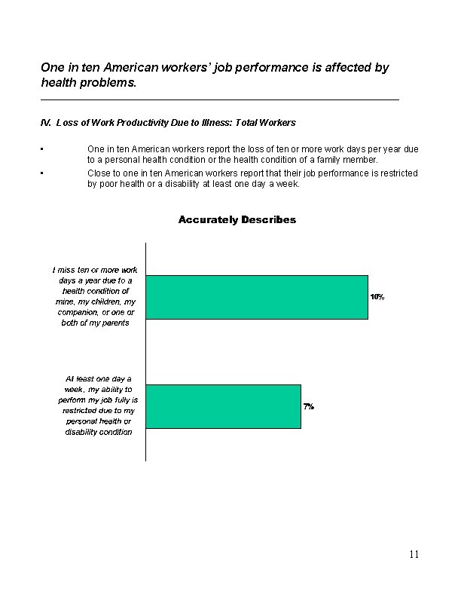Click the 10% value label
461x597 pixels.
377,297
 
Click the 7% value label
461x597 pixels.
309,406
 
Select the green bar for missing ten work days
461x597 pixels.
256,297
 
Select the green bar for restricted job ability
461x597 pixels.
223,406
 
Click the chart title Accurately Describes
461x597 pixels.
237,220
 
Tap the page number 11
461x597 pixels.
414,555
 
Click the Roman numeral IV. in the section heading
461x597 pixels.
46,122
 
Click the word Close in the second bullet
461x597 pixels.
99,173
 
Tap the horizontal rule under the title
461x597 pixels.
219,99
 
